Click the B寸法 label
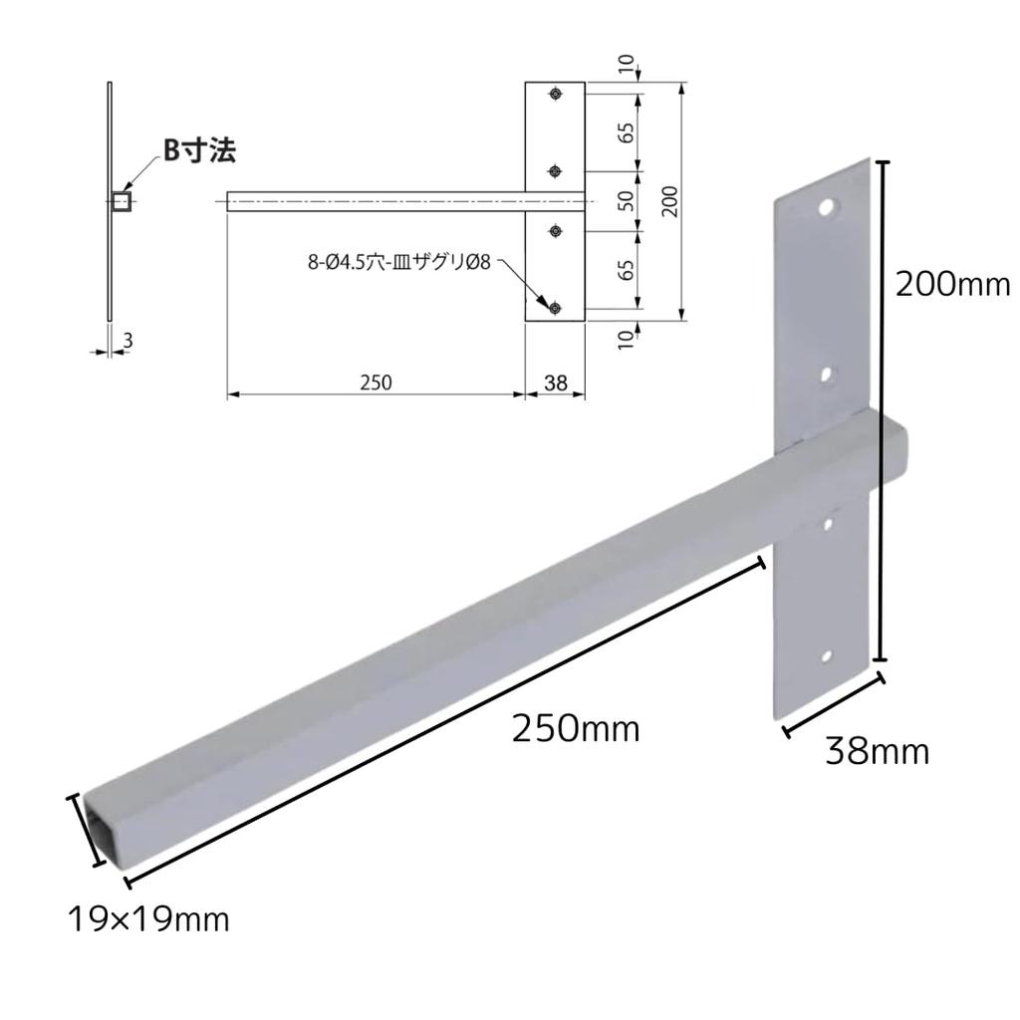tap(199, 150)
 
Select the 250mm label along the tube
tap(575, 729)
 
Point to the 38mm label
tap(877, 751)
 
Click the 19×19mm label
tap(148, 917)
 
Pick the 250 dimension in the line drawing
tap(376, 382)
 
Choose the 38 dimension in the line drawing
tap(556, 382)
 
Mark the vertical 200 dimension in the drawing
tap(669, 202)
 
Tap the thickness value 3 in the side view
tap(127, 341)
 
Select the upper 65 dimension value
tap(627, 133)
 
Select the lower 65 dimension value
tap(627, 270)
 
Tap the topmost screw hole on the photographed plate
tap(827, 208)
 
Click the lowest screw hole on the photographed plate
tap(826, 656)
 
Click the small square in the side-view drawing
tap(122, 202)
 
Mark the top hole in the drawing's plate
tap(556, 95)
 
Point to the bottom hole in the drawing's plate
tap(556, 309)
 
